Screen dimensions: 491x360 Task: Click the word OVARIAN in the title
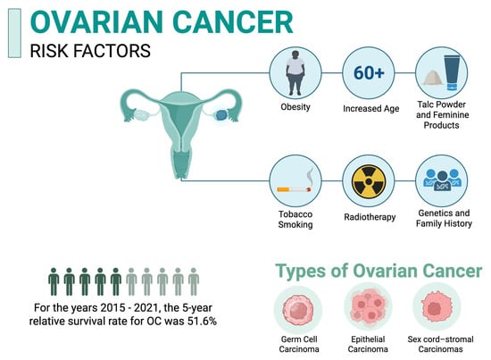(96, 22)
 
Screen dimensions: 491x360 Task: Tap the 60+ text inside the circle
(369, 72)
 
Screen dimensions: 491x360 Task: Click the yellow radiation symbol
(369, 181)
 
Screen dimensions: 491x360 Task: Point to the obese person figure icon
(295, 72)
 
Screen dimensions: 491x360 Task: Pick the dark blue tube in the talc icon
(452, 72)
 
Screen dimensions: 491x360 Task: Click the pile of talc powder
(433, 78)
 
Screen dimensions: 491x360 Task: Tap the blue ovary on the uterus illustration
(221, 115)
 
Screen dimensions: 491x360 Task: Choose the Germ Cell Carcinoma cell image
(298, 310)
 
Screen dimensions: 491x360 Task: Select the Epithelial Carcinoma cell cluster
(369, 307)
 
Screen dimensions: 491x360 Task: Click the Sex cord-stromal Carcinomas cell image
(437, 307)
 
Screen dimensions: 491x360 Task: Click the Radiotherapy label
(370, 217)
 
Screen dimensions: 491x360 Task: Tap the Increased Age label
(371, 108)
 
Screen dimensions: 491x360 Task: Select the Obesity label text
(295, 107)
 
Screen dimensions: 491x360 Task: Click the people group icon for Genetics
(442, 180)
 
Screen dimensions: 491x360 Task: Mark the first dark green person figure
(54, 281)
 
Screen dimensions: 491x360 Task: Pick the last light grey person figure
(194, 281)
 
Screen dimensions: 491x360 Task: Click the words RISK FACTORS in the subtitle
(90, 51)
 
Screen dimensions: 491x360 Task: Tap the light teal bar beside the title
(14, 33)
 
